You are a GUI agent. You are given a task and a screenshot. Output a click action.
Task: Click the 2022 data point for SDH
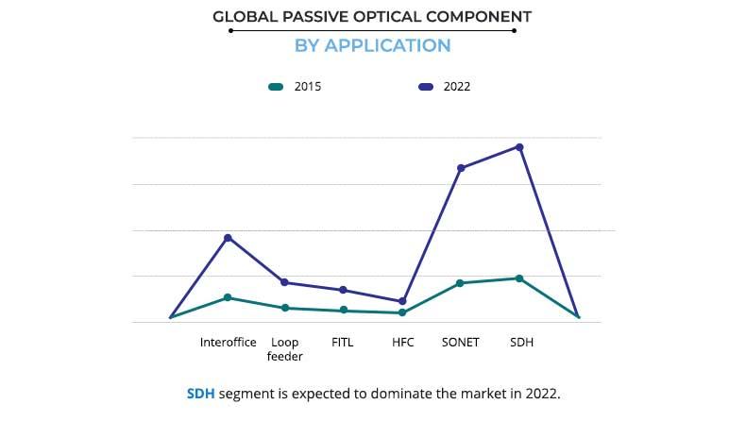(519, 147)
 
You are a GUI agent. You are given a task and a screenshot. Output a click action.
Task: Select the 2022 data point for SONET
(461, 168)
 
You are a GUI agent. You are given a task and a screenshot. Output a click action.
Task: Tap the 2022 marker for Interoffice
(228, 238)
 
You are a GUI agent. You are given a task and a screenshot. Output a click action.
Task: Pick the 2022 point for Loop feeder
(284, 282)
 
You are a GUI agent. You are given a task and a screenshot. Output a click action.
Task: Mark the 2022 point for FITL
(343, 290)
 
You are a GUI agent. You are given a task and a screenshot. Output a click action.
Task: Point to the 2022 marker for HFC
(402, 301)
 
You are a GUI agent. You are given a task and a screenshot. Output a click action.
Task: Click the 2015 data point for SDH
(519, 278)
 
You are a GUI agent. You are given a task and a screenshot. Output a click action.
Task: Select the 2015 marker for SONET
(461, 283)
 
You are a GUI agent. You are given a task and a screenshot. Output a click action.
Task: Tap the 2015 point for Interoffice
(228, 297)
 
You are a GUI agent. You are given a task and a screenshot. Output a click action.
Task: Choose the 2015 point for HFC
(402, 312)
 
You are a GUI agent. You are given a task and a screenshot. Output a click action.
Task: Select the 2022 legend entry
(444, 87)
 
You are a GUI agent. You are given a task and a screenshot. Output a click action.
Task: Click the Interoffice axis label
(228, 343)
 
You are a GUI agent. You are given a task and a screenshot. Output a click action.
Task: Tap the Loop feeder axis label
(284, 349)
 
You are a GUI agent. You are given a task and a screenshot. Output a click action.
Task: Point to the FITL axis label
(343, 343)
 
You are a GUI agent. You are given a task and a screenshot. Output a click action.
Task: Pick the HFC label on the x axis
(402, 343)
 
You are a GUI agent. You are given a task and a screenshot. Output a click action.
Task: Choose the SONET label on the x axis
(461, 343)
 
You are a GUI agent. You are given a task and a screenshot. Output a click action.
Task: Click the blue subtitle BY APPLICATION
(372, 45)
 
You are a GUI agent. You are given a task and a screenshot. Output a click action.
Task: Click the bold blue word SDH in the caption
(200, 393)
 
